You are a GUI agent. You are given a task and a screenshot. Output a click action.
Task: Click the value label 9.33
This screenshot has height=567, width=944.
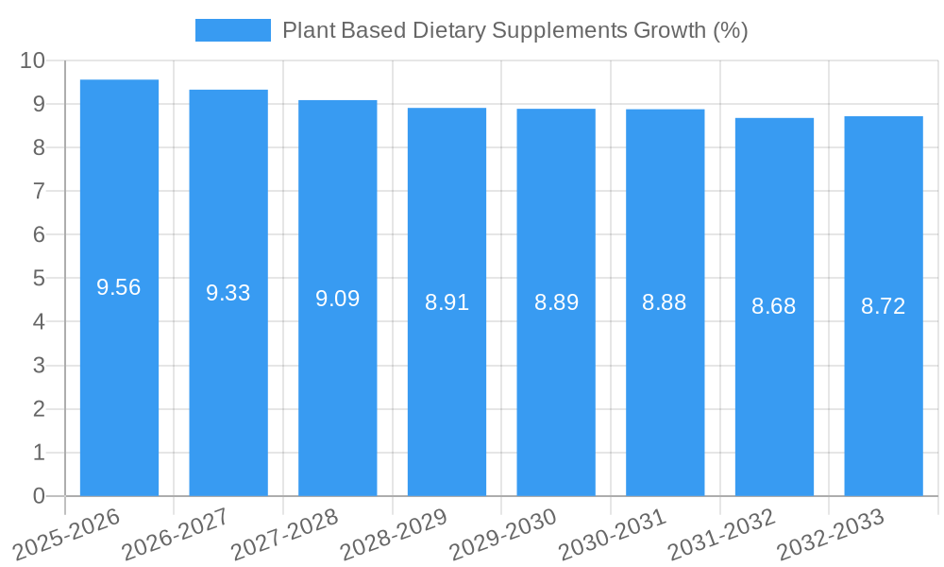coord(228,293)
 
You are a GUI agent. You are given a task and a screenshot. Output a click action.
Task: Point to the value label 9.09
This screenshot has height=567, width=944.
coord(337,299)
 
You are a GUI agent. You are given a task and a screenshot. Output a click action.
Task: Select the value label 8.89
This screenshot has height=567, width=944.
coord(556,302)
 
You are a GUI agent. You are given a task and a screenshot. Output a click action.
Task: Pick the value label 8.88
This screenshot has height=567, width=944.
coord(665,302)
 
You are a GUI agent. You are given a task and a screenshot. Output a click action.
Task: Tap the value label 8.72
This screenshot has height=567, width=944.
coord(883,306)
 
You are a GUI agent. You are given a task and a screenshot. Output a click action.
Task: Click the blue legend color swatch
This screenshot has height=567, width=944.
coord(232,30)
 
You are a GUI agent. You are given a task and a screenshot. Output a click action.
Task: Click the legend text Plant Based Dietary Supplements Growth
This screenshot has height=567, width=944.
coord(514,30)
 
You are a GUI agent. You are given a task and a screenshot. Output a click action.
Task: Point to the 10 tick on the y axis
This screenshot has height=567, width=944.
coord(33,60)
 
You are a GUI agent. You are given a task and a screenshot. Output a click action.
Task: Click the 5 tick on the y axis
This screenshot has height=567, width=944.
coord(39,279)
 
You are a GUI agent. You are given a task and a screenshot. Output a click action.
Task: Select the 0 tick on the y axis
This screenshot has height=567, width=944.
coord(39,496)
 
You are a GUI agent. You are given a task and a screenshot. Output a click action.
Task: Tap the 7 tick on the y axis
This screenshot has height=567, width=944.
coord(39,191)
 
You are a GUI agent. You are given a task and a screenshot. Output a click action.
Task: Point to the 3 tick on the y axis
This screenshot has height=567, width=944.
coord(39,366)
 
